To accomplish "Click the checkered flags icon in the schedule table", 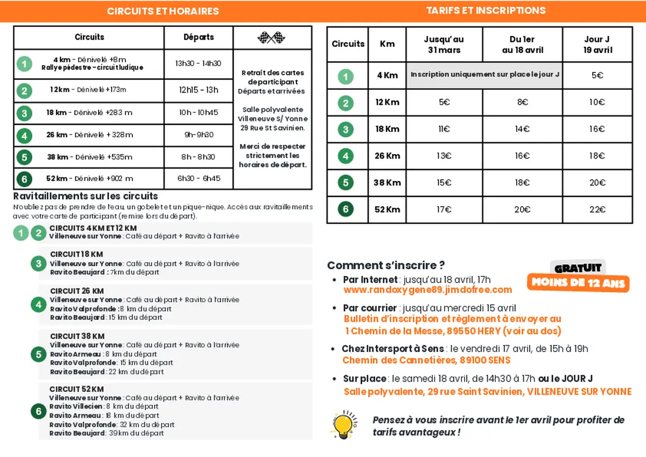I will point(272,38).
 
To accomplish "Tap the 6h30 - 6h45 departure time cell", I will point(199,179).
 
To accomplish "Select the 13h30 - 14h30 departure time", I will point(198,64).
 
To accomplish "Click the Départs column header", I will point(199,37).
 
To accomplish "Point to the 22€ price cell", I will point(597,210).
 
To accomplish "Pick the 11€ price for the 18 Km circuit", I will point(444,129).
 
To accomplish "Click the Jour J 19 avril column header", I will point(597,45).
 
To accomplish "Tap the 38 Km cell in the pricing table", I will point(387,183).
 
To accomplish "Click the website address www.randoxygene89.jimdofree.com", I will point(427,290).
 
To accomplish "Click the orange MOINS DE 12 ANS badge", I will point(578,283).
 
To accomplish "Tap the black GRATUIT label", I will point(578,268).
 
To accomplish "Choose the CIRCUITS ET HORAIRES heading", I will point(163,11).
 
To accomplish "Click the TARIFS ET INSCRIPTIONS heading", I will point(486,11).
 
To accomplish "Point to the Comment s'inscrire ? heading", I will point(386,265).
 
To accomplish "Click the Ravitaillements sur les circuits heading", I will point(86,196).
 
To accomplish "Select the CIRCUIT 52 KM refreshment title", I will point(76,389).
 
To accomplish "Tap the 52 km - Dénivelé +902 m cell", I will point(89,179).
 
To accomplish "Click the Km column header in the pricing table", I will point(387,45).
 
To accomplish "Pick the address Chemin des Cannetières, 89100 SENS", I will point(426,360).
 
